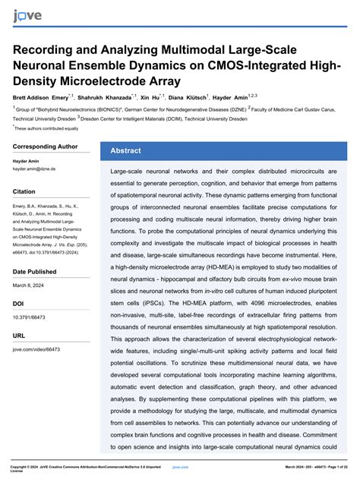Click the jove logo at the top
(x=27, y=16)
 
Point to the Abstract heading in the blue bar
(x=126, y=150)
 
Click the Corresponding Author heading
(x=46, y=147)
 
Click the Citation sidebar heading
(x=24, y=192)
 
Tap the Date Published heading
(x=34, y=271)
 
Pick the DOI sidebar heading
(x=18, y=303)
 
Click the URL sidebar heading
(x=19, y=335)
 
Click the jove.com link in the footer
(x=180, y=467)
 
